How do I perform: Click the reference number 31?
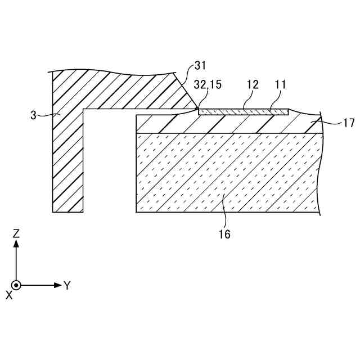pyautogui.click(x=200, y=66)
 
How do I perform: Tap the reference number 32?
pyautogui.click(x=200, y=85)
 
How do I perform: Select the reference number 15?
pyautogui.click(x=215, y=85)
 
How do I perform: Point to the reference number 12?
pyautogui.click(x=253, y=85)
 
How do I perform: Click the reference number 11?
pyautogui.click(x=281, y=85)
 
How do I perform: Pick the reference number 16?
pyautogui.click(x=224, y=234)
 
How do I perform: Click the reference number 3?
pyautogui.click(x=33, y=115)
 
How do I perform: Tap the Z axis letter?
pyautogui.click(x=16, y=233)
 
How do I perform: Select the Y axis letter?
pyautogui.click(x=67, y=285)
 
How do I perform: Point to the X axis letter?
pyautogui.click(x=8, y=295)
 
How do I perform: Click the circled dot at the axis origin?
pyautogui.click(x=16, y=285)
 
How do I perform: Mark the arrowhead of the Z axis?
pyautogui.click(x=16, y=244)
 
